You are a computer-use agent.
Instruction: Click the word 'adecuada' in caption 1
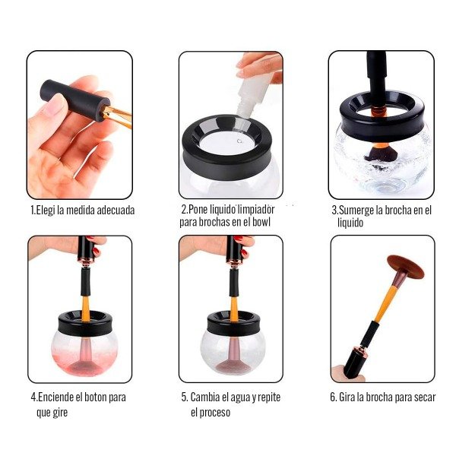click(x=116, y=211)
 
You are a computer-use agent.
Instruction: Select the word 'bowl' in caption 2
click(x=261, y=222)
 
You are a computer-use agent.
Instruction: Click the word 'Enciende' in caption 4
click(x=55, y=397)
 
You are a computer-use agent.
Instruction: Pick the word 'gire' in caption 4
click(x=60, y=413)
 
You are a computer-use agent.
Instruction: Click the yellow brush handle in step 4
click(x=85, y=309)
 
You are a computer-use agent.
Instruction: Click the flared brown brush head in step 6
click(x=405, y=265)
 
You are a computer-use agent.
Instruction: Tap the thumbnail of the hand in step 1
click(x=55, y=105)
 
